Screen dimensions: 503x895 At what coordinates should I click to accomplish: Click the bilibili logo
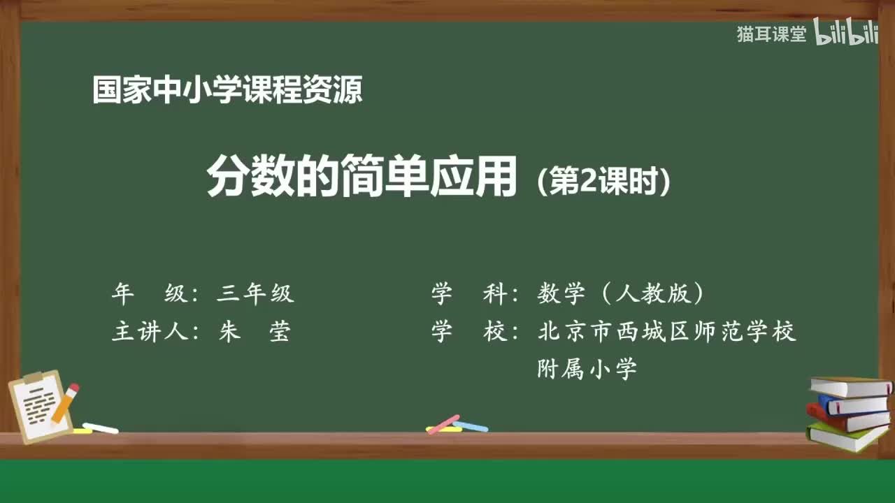pyautogui.click(x=846, y=34)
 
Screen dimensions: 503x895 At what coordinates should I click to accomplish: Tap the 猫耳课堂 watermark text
pyautogui.click(x=771, y=34)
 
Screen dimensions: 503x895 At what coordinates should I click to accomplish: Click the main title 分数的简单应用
pyautogui.click(x=361, y=177)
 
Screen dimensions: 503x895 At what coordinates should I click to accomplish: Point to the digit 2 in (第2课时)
pyautogui.click(x=587, y=182)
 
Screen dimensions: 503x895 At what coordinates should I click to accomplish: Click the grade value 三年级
pyautogui.click(x=255, y=294)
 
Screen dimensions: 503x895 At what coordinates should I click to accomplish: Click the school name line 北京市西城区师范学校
pyautogui.click(x=667, y=331)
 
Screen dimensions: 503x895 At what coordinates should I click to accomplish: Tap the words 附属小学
pyautogui.click(x=587, y=368)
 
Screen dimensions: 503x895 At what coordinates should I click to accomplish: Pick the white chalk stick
pyautogui.click(x=100, y=428)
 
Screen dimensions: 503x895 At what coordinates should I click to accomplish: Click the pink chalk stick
pyautogui.click(x=443, y=423)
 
